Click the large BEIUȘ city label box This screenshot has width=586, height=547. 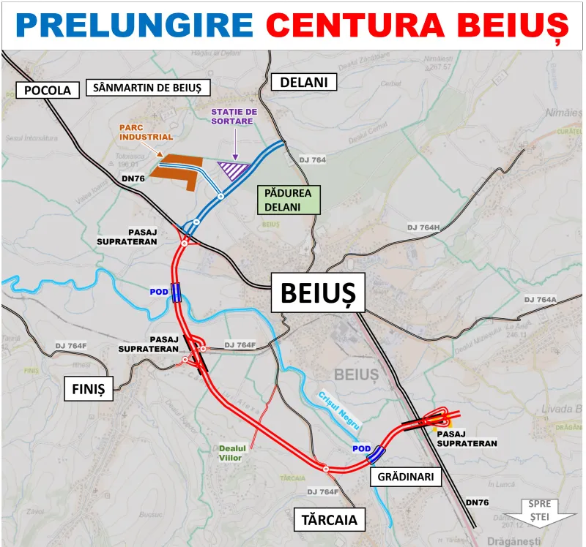[x=318, y=293]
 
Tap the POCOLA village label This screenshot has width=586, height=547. [x=48, y=90]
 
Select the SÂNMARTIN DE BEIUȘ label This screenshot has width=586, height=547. [x=148, y=88]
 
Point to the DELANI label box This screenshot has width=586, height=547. [x=303, y=82]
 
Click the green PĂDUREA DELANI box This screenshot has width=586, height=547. [x=289, y=200]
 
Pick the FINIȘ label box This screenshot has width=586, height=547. [x=89, y=388]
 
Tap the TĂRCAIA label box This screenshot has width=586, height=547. [x=329, y=520]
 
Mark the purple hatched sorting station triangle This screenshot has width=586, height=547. [x=237, y=171]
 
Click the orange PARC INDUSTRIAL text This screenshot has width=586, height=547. [x=146, y=132]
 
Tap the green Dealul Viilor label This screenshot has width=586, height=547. [x=230, y=453]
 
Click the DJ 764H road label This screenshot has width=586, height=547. [x=423, y=228]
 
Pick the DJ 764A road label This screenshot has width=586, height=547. [x=541, y=300]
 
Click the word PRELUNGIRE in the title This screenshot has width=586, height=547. [x=134, y=26]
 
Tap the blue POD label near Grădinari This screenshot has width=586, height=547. [x=361, y=448]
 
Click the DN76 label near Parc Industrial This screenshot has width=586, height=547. [x=134, y=178]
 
